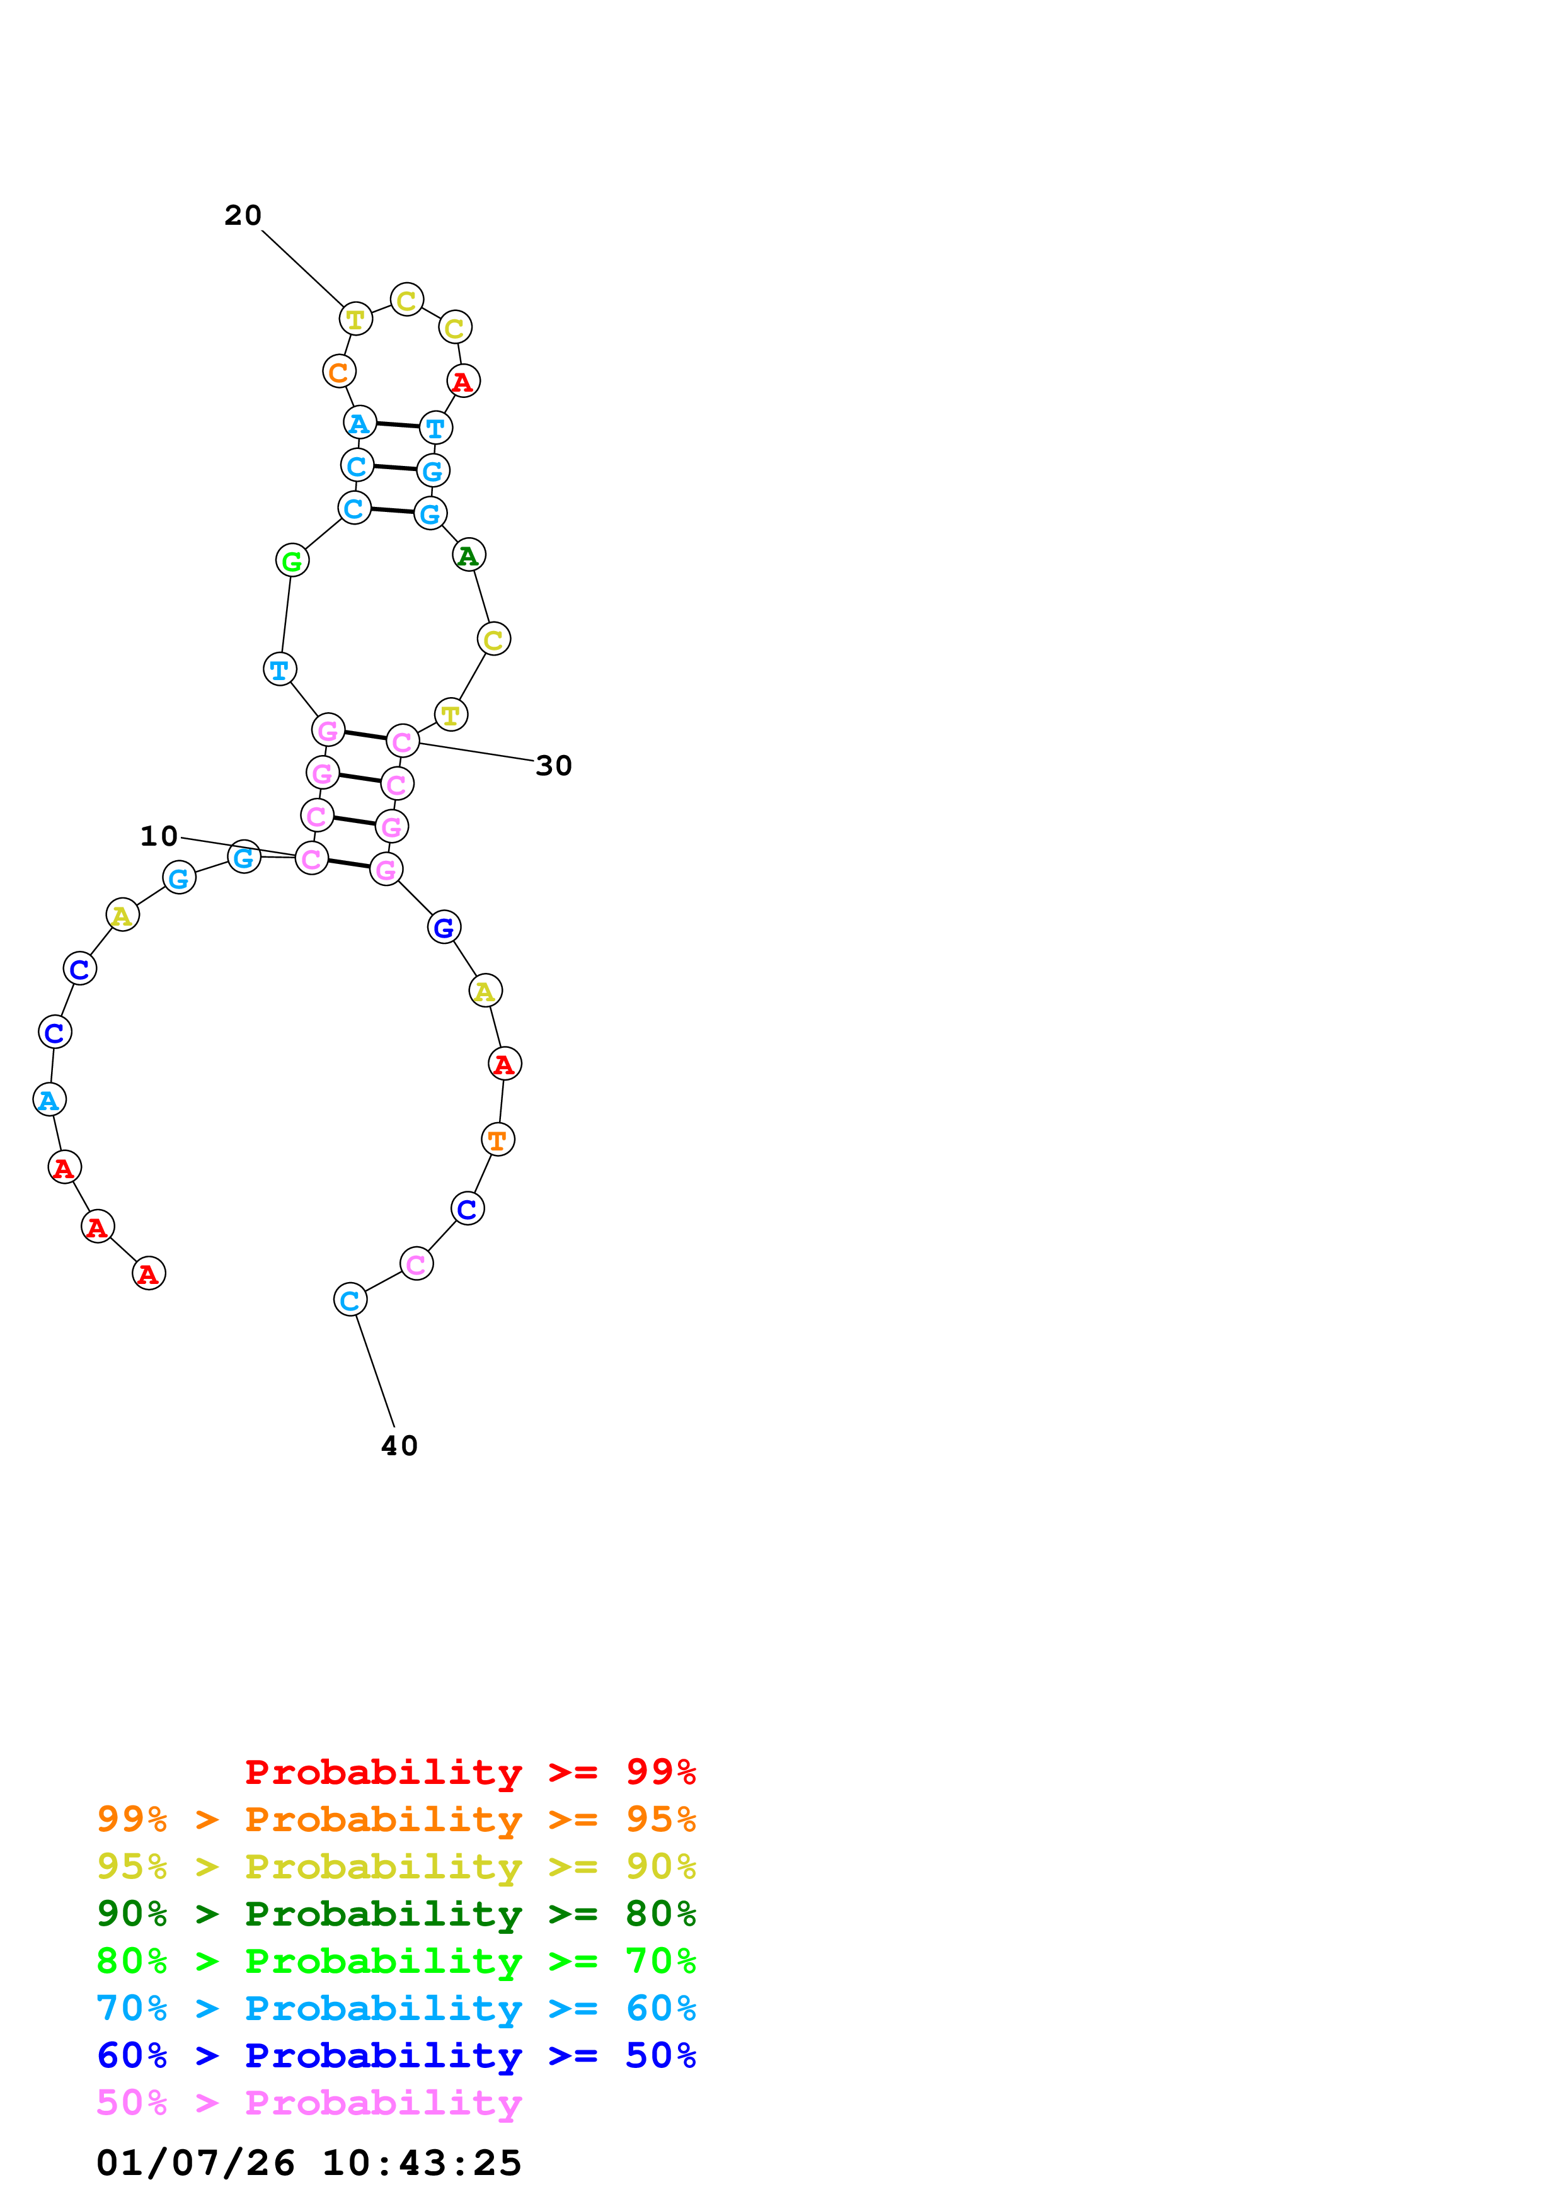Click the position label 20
point(243,215)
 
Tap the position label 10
point(159,836)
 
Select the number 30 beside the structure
point(553,766)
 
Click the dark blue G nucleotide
point(444,928)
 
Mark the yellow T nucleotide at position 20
point(355,319)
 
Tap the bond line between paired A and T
point(398,424)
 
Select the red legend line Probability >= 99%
point(469,1772)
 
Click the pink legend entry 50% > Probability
point(308,2103)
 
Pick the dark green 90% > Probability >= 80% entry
point(396,1914)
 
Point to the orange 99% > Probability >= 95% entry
point(396,1819)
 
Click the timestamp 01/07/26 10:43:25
point(308,2163)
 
